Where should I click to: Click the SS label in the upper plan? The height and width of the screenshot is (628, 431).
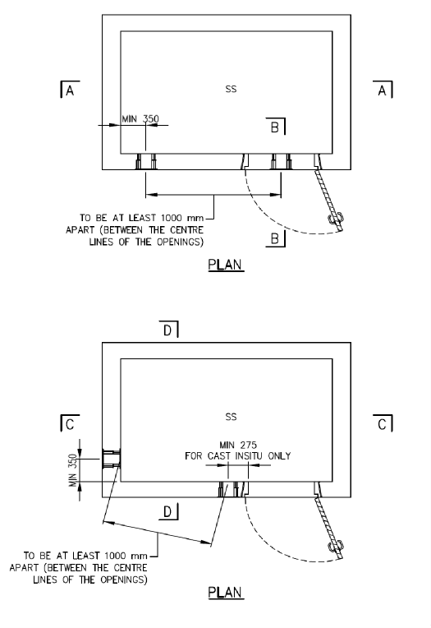231,89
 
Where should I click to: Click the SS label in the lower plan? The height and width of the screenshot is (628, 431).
231,417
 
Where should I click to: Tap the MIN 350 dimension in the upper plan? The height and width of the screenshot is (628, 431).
140,118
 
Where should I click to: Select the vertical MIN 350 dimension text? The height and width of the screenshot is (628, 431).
73,470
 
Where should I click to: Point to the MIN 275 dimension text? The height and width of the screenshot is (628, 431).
238,445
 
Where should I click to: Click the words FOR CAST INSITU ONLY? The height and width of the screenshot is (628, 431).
238,455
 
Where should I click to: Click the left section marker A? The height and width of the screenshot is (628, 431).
69,90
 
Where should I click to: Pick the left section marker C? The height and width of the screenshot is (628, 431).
69,423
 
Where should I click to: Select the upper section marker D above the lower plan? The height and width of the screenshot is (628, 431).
168,330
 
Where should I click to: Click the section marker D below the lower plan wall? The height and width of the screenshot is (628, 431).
168,511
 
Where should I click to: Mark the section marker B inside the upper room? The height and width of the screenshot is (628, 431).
275,127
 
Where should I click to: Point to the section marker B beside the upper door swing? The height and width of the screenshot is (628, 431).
275,238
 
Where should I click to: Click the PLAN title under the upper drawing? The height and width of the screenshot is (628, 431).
225,266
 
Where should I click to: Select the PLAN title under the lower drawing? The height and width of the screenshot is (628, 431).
225,593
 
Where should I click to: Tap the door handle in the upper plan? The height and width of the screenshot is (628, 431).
335,219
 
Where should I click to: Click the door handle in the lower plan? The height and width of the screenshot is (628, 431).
335,547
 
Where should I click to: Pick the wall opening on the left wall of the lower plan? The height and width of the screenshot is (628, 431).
112,459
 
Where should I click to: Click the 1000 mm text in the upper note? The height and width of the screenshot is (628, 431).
182,218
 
